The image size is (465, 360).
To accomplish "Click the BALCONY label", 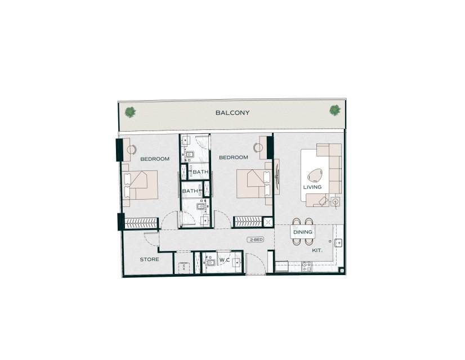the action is click(x=232, y=112).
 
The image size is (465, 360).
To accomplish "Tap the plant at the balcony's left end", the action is click(x=130, y=112).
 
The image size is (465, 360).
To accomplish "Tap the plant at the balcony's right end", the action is click(x=335, y=110).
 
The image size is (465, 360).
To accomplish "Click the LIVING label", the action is click(x=312, y=187).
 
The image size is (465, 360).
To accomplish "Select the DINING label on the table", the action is click(x=303, y=232).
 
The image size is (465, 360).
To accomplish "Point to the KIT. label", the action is click(x=317, y=250).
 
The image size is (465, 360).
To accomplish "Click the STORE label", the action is click(x=150, y=259).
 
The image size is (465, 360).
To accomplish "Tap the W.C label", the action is click(x=225, y=260).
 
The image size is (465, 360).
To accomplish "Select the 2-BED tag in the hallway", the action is click(x=256, y=240).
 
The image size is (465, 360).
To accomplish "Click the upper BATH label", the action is click(x=200, y=172).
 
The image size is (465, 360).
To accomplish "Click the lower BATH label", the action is click(x=190, y=191).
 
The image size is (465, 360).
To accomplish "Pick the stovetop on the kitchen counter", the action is click(x=306, y=267).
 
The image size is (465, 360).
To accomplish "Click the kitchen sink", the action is click(x=338, y=243).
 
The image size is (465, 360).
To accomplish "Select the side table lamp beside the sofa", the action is click(x=336, y=201).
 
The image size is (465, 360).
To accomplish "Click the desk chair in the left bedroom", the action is click(x=131, y=149).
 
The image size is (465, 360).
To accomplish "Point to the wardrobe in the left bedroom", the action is click(x=141, y=223).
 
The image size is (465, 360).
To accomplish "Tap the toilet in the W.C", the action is click(x=211, y=263).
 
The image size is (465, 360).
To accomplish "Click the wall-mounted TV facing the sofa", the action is click(x=277, y=177).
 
